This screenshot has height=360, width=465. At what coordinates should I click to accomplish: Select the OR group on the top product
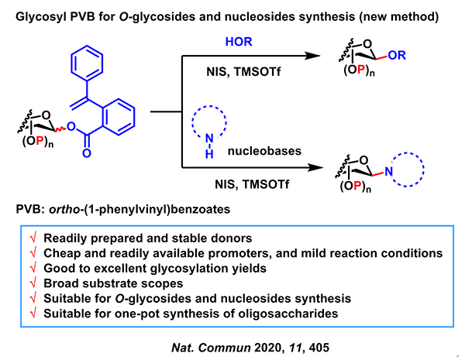pos(399,56)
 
